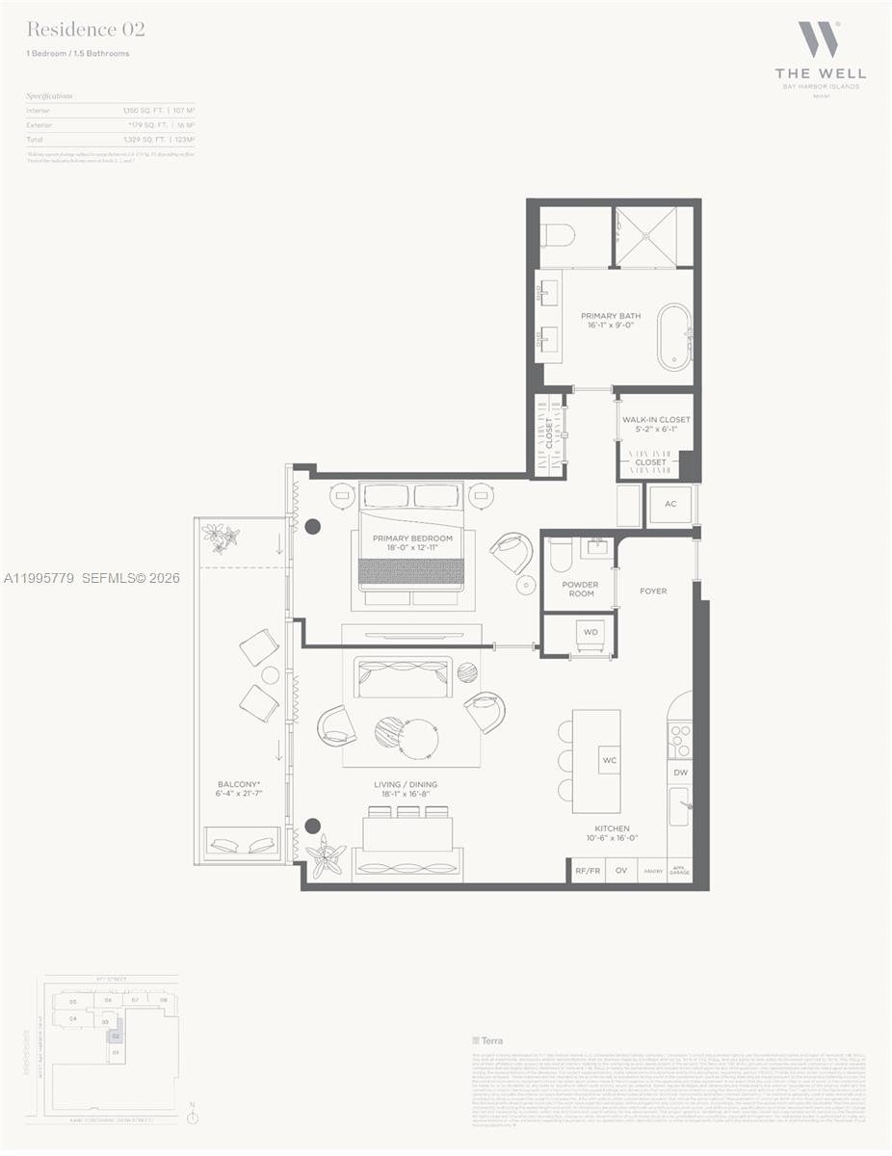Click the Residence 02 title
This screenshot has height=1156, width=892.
coord(86,30)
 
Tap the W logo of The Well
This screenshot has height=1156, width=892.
coord(819,39)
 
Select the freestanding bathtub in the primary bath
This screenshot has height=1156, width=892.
coord(674,337)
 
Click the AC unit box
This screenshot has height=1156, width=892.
coord(670,504)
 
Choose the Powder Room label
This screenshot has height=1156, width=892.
coord(580,589)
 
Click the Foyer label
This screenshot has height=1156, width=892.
coord(653,591)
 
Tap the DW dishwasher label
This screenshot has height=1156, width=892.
coord(680,773)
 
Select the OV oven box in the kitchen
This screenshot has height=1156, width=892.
coord(621,870)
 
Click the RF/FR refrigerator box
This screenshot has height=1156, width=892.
coord(588,870)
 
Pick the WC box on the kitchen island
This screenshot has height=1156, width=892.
coord(609,760)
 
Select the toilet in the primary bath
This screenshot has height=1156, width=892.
coord(559,235)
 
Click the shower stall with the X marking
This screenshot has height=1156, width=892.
coord(653,236)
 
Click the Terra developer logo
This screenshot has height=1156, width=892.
coord(487,1040)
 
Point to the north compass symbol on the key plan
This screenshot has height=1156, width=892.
coord(193,1117)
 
